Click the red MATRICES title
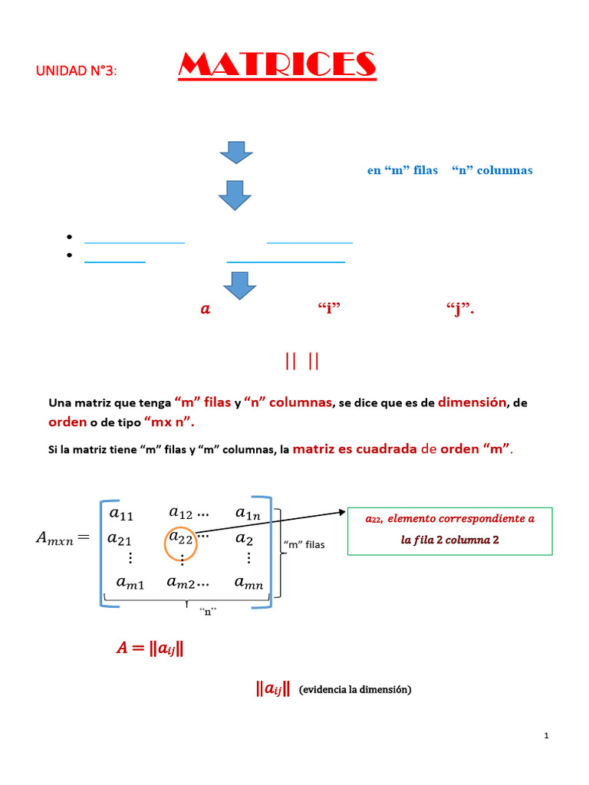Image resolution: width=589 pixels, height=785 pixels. coord(277,66)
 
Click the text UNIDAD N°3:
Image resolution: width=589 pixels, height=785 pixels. coord(77,71)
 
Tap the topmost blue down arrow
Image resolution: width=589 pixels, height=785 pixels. coord(236,152)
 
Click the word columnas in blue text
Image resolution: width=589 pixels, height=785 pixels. coord(504,170)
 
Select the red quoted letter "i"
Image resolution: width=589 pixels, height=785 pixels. coord(328,309)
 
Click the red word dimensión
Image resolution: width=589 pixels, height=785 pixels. coord(472,402)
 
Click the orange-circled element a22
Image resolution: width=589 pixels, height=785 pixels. coord(181,538)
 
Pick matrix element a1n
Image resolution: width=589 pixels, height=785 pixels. coord(248,513)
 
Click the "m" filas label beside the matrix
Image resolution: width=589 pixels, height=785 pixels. coord(304,545)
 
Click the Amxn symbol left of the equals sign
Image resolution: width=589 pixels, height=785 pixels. coord(54,538)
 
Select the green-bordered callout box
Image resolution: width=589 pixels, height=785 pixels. coord(449,530)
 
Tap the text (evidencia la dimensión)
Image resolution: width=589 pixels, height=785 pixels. coord(356,690)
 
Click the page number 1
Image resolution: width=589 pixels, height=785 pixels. coord(546,736)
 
